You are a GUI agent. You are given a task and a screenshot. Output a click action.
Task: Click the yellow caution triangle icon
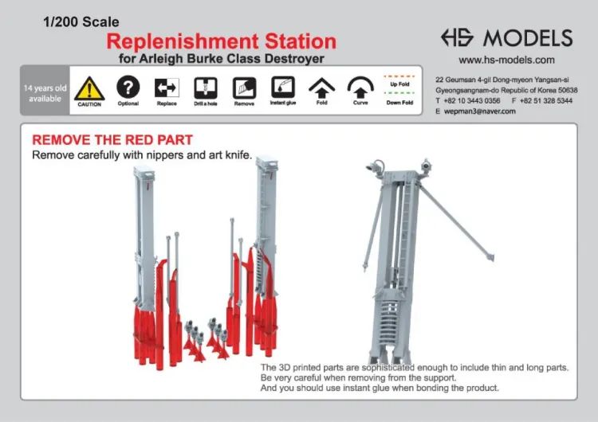tap(89, 88)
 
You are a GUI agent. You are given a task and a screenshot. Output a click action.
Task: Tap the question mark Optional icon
tap(128, 87)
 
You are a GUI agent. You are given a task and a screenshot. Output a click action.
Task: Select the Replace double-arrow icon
tap(167, 88)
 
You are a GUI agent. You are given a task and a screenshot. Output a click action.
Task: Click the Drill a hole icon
tap(206, 88)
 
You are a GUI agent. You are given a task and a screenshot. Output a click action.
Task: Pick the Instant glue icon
tap(283, 88)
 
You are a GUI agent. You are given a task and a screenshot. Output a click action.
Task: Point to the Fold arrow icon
tap(321, 88)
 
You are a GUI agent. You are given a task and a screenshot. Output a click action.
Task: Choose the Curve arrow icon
tap(360, 88)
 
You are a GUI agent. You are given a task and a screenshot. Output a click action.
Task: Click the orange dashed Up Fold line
tap(399, 76)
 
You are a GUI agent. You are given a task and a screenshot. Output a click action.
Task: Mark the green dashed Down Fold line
tap(399, 93)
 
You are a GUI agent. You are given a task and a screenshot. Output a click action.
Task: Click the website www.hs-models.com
tap(506, 61)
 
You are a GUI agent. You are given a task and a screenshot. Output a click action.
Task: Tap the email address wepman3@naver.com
tap(480, 111)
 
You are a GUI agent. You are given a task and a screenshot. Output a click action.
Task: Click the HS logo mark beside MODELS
tap(458, 37)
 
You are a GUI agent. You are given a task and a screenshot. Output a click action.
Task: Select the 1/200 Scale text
tap(81, 22)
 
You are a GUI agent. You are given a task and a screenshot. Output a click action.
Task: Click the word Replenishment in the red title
tap(183, 41)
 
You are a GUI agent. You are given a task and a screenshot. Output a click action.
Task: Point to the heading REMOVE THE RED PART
tap(112, 140)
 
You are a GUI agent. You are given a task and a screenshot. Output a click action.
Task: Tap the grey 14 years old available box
tap(45, 90)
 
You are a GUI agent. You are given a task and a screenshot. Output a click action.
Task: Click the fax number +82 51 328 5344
tap(546, 100)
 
